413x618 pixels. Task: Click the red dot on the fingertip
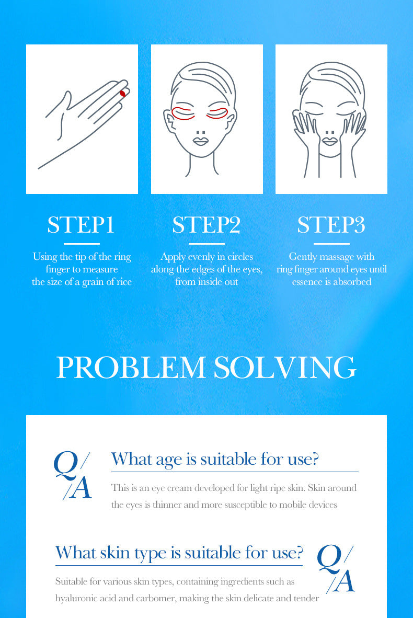click(x=122, y=94)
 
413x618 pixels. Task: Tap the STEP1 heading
click(x=81, y=225)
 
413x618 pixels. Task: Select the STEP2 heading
click(x=206, y=225)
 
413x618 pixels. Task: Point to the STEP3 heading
click(x=331, y=225)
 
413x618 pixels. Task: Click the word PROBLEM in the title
click(x=131, y=368)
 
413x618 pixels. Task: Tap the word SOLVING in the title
click(x=285, y=368)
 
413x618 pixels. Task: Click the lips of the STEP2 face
click(x=200, y=141)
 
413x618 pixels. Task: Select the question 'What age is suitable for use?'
click(x=215, y=459)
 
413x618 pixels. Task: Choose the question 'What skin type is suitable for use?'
click(x=179, y=553)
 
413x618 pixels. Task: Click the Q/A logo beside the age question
click(x=73, y=475)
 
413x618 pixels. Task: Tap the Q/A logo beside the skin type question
click(x=336, y=569)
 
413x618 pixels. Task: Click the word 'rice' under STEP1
click(x=124, y=282)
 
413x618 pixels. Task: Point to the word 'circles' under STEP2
click(x=240, y=257)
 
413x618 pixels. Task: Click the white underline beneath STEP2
click(x=206, y=244)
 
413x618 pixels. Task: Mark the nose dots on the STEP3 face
click(x=330, y=132)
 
